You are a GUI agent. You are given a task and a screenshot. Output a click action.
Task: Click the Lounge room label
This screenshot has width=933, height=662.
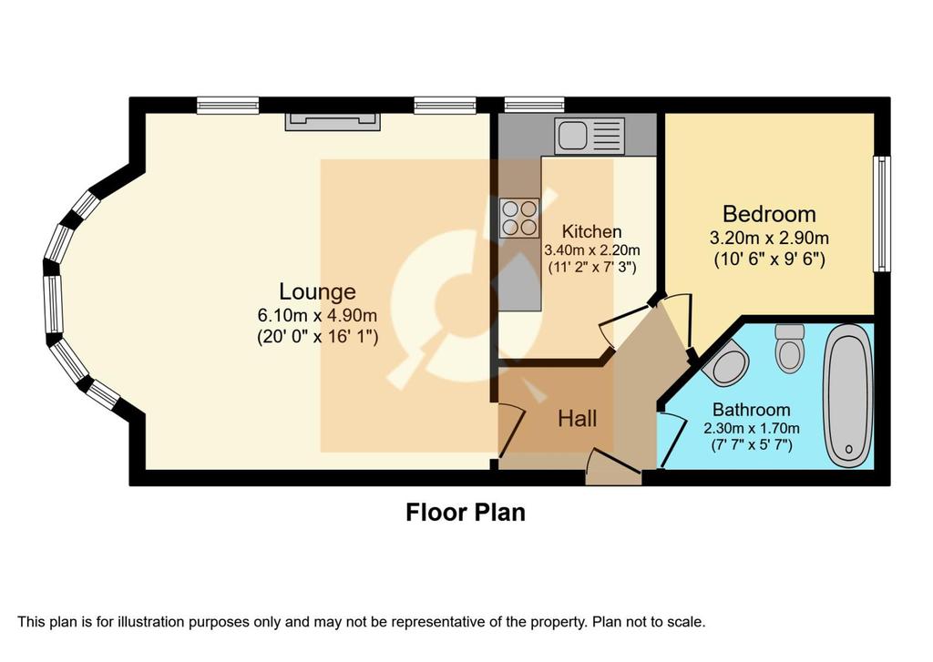point(318,291)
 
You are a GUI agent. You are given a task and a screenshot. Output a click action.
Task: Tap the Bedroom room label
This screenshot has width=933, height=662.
point(769,213)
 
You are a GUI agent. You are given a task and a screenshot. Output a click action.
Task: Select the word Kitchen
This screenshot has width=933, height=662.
point(592,231)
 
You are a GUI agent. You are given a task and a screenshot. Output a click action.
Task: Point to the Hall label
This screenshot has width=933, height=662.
point(577,419)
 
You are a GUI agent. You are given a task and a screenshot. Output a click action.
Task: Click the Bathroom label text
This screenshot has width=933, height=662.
point(752,410)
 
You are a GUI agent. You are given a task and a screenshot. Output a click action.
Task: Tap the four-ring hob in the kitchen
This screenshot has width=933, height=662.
point(519,218)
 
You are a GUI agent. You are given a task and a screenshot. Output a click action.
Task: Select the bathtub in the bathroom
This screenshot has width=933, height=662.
point(848,401)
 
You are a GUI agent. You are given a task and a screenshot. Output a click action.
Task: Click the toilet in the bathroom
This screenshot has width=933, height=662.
point(790,348)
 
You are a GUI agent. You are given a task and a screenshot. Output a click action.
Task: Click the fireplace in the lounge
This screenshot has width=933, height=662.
point(333,121)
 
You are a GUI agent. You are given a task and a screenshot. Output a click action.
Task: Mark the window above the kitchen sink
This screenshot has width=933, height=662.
point(534,105)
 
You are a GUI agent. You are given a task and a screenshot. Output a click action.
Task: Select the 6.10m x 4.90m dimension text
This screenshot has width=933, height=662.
point(317,315)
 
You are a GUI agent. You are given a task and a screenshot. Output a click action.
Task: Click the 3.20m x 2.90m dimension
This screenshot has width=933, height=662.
point(769,239)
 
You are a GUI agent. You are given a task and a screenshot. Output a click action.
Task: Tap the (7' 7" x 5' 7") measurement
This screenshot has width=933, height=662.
point(752,444)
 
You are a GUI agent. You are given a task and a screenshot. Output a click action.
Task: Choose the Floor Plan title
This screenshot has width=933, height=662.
point(466,512)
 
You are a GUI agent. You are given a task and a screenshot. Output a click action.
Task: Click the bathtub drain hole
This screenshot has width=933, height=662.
point(848,449)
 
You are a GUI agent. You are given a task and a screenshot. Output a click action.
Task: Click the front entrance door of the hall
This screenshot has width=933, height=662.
point(613,468)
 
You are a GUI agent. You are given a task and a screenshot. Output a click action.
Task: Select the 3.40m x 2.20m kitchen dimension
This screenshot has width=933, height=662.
point(592,250)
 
